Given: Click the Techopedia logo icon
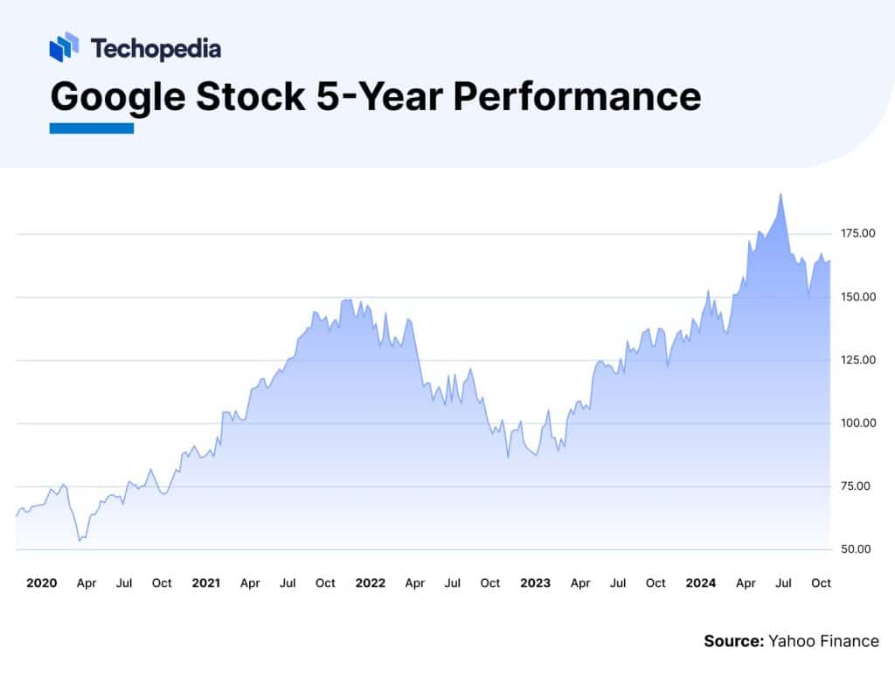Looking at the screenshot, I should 64,47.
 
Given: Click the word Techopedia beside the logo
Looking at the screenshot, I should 156,48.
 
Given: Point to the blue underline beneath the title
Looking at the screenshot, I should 91,128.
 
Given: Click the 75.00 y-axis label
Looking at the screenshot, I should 854,486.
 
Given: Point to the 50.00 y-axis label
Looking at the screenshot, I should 854,549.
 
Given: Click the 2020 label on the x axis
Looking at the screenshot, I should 42,582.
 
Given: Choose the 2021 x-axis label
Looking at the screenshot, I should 205,582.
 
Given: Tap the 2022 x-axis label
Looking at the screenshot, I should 371,582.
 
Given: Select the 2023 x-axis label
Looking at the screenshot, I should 535,582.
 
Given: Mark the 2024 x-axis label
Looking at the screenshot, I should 700,582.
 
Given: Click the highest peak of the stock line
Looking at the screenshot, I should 781,194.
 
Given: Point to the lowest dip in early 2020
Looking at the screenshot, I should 80,541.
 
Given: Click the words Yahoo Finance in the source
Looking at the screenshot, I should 823,641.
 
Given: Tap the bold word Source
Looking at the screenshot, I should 733,641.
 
